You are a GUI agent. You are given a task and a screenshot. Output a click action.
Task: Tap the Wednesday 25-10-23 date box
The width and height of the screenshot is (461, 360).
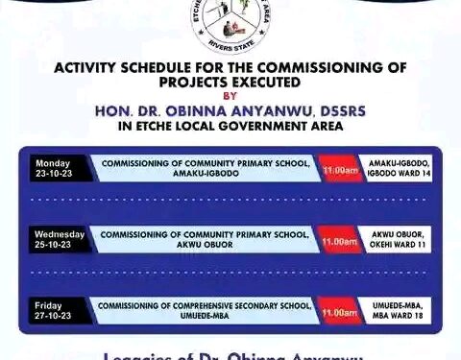[x=59, y=239]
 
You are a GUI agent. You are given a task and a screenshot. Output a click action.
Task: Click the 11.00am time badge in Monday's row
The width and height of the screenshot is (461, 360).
[x=340, y=169]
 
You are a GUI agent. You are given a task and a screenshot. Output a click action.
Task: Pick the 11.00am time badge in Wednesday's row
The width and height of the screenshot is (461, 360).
[x=340, y=241]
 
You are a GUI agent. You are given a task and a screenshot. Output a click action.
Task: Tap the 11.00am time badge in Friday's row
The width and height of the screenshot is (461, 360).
[x=340, y=312]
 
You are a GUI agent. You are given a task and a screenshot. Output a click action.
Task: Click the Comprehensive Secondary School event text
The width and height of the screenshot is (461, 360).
[x=206, y=311]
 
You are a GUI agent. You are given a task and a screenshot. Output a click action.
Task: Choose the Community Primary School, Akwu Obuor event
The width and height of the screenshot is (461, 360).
[x=206, y=239]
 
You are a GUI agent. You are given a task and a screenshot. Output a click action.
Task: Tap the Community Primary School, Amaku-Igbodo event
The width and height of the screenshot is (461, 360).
[x=206, y=168]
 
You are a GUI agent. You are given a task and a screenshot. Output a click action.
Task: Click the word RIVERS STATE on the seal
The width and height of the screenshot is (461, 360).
[x=230, y=45]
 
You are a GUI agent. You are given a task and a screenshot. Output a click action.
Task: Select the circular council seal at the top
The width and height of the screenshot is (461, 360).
[x=230, y=21]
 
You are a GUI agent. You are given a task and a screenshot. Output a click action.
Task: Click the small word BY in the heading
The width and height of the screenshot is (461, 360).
[x=230, y=97]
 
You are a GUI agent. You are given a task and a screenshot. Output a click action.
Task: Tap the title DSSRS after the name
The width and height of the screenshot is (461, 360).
[x=342, y=110]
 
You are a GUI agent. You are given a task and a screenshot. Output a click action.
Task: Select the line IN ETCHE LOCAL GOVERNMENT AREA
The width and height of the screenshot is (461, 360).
[x=230, y=126]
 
